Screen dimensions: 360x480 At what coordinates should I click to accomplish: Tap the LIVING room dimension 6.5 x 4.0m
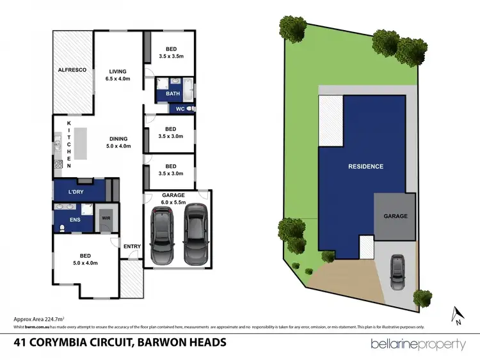tap(118, 79)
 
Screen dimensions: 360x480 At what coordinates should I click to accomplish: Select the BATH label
tap(173, 94)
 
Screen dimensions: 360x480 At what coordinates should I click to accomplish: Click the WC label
tap(180, 109)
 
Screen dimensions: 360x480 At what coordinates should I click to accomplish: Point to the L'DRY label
tap(77, 192)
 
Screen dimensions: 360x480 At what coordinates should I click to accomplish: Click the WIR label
tap(106, 218)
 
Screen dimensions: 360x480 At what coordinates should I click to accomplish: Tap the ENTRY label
tap(132, 247)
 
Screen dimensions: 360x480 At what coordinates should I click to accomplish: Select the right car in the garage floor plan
tap(195, 233)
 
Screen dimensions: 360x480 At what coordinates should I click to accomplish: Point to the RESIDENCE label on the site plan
tap(365, 166)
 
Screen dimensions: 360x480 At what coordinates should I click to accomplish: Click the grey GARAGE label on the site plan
tap(395, 216)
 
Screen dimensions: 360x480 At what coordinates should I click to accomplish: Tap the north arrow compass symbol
tap(457, 316)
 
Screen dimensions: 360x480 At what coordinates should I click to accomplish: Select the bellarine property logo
tap(418, 344)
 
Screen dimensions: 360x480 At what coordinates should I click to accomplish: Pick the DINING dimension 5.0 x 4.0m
tap(118, 146)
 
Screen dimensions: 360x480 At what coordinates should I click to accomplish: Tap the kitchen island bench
tap(79, 145)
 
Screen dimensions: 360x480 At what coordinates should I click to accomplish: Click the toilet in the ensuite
tap(61, 228)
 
